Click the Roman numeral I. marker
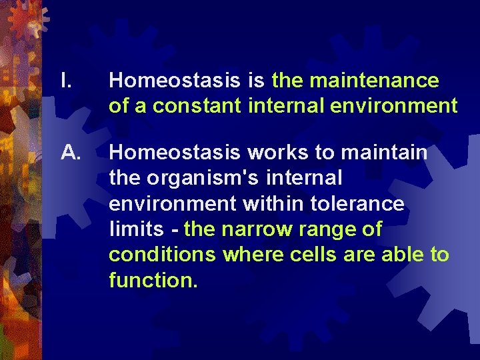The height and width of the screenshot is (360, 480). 66,81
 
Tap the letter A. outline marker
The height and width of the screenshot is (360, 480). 70,153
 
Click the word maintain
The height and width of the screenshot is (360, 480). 384,153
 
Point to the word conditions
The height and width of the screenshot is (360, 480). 163,255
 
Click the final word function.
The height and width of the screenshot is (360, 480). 153,280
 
